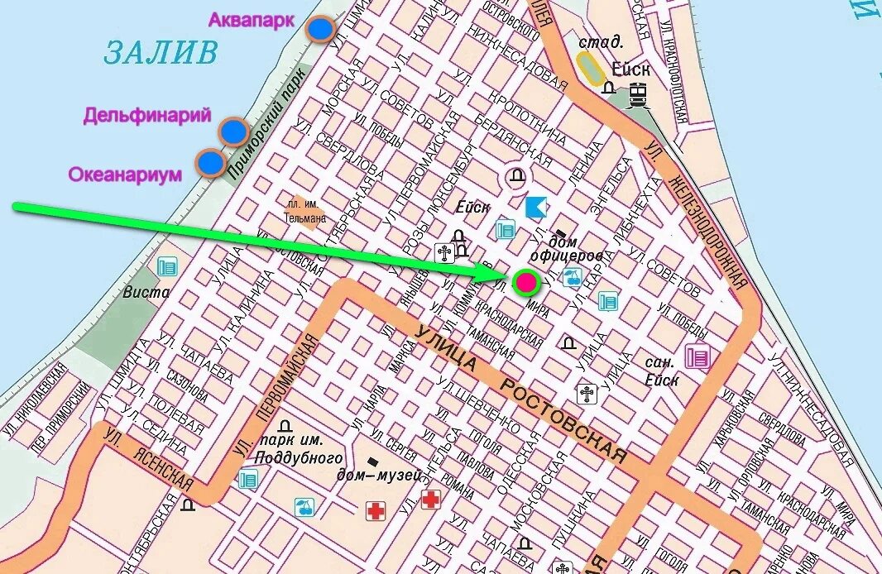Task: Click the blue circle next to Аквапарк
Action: [320, 30]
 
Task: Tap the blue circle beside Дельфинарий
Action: [234, 131]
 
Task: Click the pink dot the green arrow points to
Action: [525, 283]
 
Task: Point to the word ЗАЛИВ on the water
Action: [161, 53]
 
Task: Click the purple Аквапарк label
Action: [251, 20]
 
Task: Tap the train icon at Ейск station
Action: [638, 95]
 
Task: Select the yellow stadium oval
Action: [591, 68]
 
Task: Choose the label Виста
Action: [146, 292]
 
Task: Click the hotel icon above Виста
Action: [168, 266]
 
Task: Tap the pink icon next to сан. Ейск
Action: [697, 356]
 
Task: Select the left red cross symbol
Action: [376, 511]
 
